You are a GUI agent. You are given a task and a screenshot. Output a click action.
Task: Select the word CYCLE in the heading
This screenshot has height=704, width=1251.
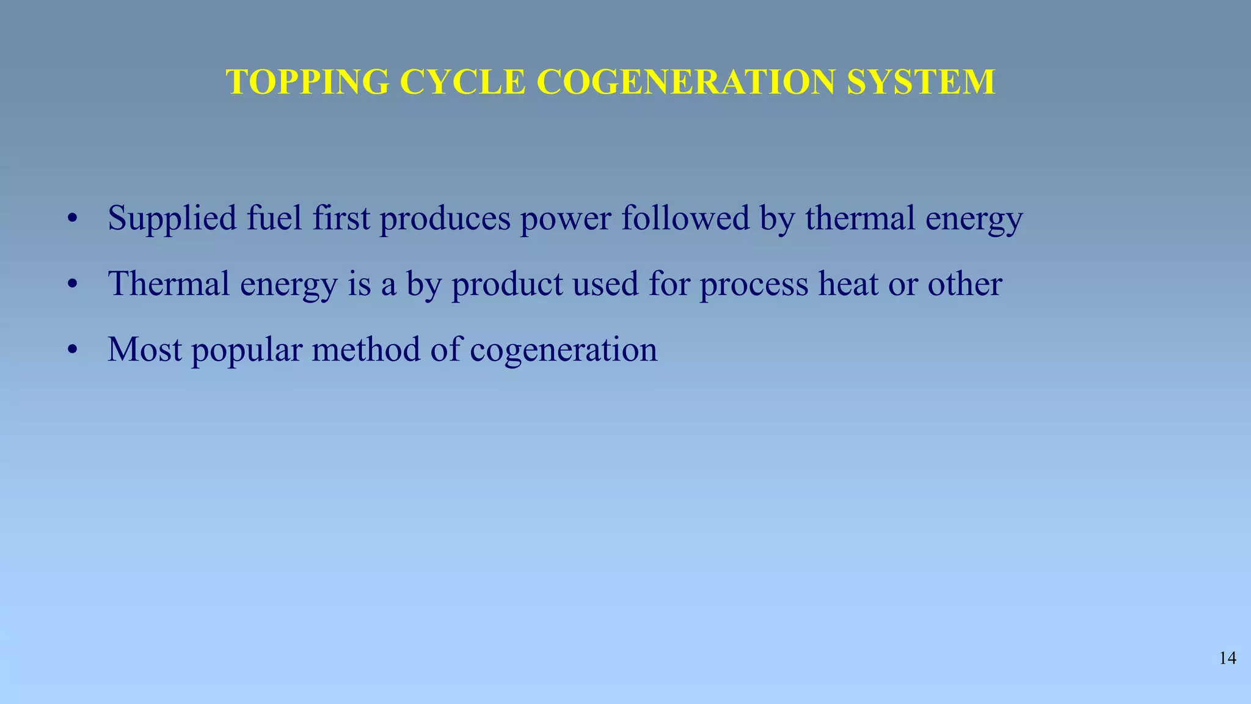(463, 82)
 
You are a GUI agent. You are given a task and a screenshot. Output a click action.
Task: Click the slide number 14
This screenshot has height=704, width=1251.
(1228, 658)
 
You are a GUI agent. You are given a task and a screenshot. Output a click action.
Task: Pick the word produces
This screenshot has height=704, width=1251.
(445, 219)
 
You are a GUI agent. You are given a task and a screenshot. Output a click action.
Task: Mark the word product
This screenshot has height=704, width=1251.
(507, 285)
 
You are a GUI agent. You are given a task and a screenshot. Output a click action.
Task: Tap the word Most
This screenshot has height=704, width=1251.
(145, 350)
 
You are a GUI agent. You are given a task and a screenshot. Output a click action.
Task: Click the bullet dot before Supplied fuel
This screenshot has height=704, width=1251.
(73, 219)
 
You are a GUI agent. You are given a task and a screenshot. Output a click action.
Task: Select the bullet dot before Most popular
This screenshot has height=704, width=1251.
(73, 351)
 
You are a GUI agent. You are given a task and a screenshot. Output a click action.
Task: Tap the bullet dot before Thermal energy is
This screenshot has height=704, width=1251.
(73, 285)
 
